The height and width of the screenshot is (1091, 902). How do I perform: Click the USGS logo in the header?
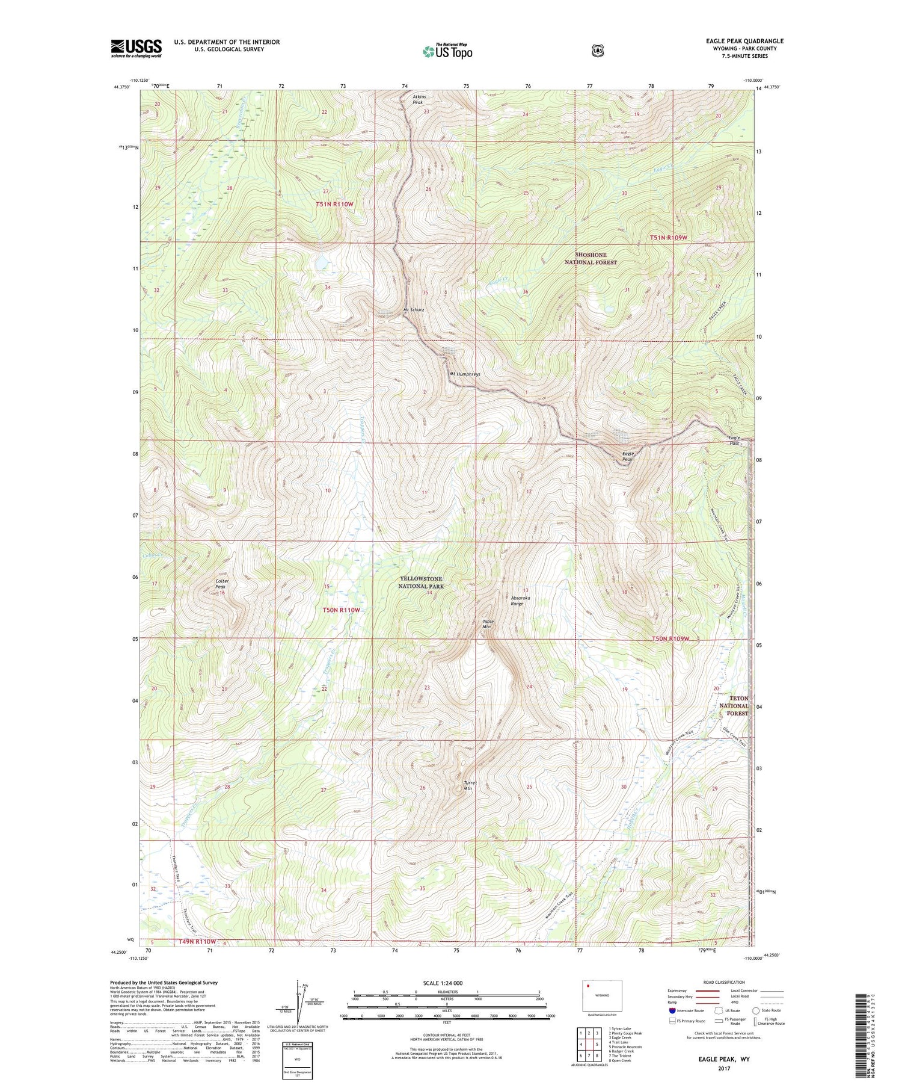[x=136, y=48]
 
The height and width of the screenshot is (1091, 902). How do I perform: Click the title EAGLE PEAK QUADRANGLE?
[x=745, y=42]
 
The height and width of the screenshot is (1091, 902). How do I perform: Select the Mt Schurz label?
[x=414, y=310]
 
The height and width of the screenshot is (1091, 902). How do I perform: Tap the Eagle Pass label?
[x=734, y=440]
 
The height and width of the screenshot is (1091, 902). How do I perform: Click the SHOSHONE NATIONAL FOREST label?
[x=591, y=259]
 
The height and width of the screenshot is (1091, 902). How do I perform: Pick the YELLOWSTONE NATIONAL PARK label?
[x=422, y=582]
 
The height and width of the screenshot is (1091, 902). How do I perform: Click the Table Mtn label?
[x=487, y=624]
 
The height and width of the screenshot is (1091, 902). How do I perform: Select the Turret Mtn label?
[x=470, y=785]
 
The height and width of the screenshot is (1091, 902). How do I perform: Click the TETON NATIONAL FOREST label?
[x=734, y=705]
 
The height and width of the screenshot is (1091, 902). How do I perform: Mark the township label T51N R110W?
[x=334, y=205]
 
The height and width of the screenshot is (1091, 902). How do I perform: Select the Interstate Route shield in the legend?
[x=672, y=1010]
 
